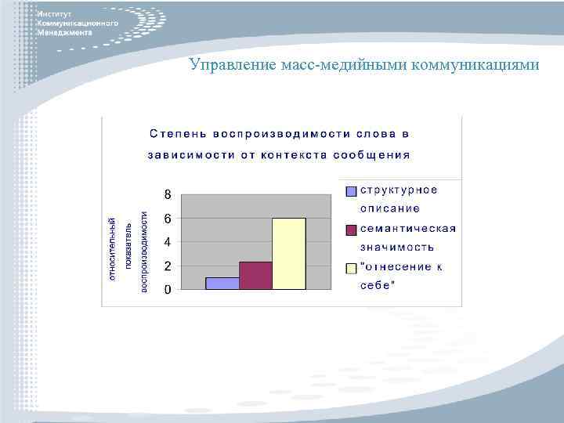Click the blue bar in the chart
point(222,284)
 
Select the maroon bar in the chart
point(255,276)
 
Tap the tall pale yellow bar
point(289,254)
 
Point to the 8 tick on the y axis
point(168,193)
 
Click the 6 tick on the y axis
point(168,219)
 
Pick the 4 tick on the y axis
point(168,243)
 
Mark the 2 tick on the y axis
point(168,266)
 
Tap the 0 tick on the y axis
point(168,290)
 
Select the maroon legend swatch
point(352,230)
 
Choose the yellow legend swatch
point(352,268)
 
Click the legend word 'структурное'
point(398,190)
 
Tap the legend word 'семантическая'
point(407,229)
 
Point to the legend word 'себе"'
point(378,285)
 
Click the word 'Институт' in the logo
point(54,15)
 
